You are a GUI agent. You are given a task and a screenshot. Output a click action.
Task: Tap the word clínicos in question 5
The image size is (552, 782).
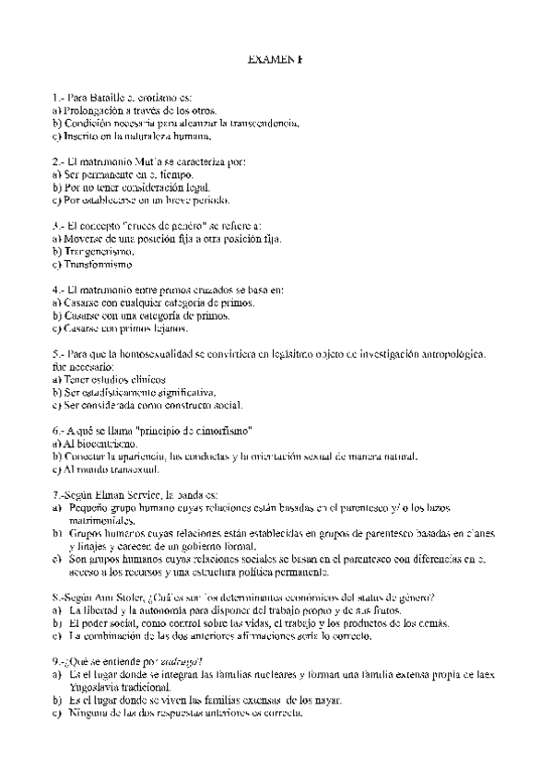(x=145, y=379)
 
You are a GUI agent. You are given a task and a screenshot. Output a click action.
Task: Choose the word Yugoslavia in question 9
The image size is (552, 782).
(x=95, y=687)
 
